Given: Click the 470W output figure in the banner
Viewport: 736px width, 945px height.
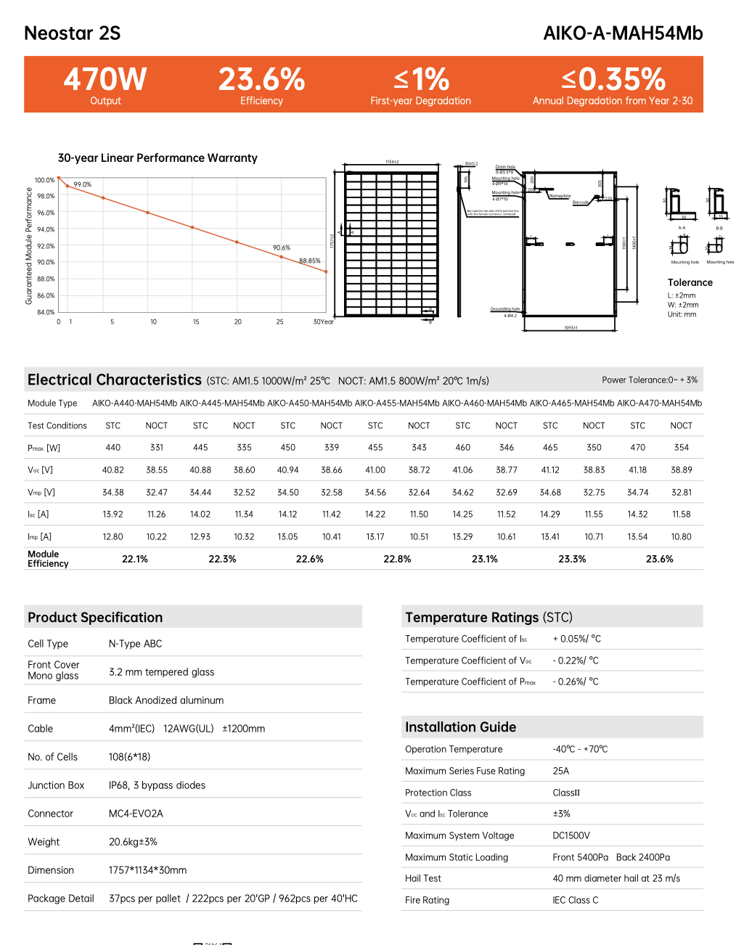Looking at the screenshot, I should (x=105, y=79).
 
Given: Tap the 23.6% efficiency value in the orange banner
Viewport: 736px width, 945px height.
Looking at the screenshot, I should (x=261, y=79).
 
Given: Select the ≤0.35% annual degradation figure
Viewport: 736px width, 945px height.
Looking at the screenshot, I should (x=613, y=79).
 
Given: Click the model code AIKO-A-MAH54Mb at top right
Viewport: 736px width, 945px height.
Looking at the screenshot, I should (x=623, y=33).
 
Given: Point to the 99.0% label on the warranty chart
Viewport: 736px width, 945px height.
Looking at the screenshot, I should (x=83, y=184).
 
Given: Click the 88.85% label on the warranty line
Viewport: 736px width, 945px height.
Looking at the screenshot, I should (x=310, y=261).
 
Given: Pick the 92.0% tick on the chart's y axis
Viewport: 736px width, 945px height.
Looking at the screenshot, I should (x=46, y=246).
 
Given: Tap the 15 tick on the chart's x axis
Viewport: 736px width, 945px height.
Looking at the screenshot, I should (x=196, y=322).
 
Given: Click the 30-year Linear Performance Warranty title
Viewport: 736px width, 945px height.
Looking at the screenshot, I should (x=158, y=158).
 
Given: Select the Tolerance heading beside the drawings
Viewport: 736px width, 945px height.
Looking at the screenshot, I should (x=690, y=282).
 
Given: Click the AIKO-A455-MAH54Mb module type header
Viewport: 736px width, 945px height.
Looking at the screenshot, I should (x=397, y=403).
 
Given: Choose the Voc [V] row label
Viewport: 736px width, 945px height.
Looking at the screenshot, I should (x=40, y=470).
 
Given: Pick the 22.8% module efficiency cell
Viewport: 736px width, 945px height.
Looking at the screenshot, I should (x=397, y=559).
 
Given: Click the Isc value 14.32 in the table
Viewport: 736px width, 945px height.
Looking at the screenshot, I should (x=637, y=514).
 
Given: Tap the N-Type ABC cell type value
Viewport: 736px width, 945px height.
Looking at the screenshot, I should (x=135, y=644).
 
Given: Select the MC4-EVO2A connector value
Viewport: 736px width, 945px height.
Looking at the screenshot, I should (x=136, y=814).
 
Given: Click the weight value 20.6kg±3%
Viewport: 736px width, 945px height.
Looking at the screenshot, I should (x=133, y=842).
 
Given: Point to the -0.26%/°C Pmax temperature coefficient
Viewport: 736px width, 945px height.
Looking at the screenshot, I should (x=576, y=682).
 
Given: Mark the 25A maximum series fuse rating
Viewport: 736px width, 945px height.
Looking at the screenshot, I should (x=560, y=771).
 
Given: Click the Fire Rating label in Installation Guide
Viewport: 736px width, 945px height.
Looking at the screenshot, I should (x=427, y=900).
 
